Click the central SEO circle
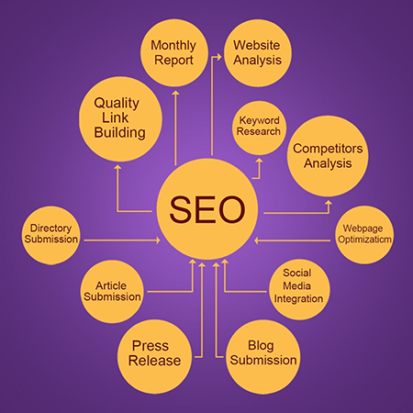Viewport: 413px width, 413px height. [x=207, y=209]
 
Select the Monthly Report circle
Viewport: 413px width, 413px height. [x=174, y=53]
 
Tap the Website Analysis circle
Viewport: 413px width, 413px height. [x=258, y=53]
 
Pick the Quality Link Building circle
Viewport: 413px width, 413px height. [x=120, y=119]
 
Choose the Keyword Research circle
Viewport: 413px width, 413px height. [x=259, y=127]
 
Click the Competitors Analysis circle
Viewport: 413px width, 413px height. [x=328, y=156]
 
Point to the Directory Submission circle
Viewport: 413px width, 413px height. [x=51, y=235]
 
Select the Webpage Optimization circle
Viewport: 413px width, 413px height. [x=363, y=235]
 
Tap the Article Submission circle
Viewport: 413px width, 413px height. [x=112, y=291]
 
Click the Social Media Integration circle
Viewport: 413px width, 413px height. [x=299, y=289]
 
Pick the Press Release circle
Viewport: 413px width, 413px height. [x=155, y=357]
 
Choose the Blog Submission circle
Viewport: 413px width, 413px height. [x=263, y=357]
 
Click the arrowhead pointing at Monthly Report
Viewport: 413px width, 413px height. [x=175, y=93]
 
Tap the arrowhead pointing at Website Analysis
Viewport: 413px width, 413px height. [x=219, y=57]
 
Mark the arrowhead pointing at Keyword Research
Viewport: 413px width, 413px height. [x=260, y=161]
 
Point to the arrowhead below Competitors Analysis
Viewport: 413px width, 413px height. [x=329, y=203]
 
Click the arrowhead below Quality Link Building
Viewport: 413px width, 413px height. [x=117, y=167]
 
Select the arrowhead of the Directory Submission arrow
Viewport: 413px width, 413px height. [x=158, y=240]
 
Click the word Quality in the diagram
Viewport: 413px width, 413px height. [x=117, y=104]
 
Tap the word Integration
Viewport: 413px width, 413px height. [x=298, y=298]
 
